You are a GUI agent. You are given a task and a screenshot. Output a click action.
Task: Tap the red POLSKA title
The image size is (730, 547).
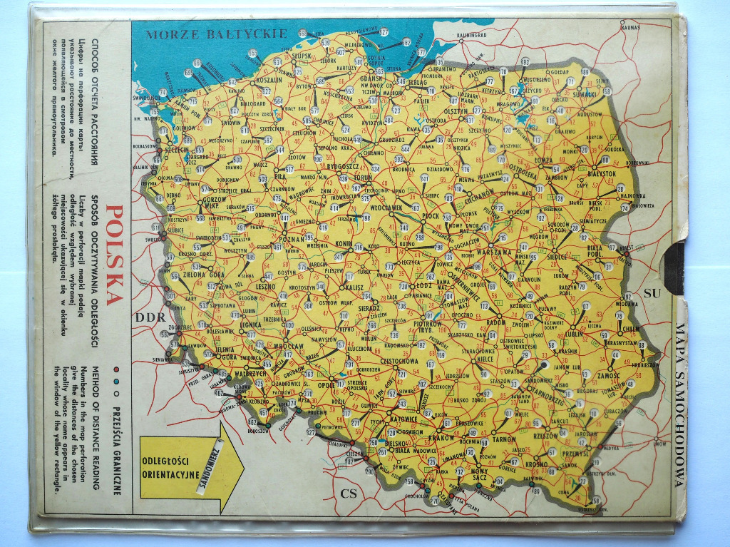114,255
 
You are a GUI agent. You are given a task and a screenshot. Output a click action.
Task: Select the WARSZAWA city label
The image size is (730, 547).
494,252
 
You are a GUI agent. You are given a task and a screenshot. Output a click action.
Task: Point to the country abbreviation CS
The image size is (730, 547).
349,493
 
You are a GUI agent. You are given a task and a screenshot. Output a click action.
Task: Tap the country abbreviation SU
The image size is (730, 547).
652,293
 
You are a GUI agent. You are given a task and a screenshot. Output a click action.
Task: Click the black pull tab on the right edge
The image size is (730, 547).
674,267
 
